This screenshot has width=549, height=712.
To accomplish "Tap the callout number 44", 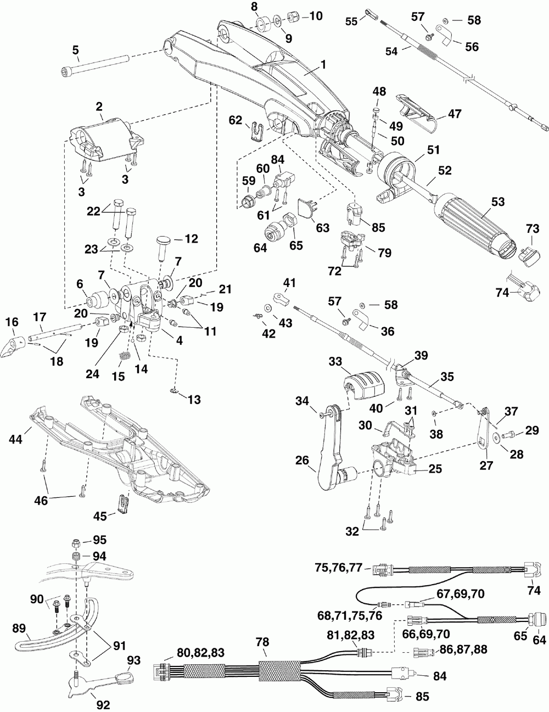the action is click(x=15, y=439).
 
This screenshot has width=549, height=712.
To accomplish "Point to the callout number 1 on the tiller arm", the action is click(x=323, y=65).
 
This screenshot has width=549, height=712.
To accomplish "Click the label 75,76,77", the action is click(x=338, y=567).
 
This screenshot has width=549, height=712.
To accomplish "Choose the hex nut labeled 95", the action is click(x=76, y=544).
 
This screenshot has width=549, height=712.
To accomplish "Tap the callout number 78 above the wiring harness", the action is click(x=263, y=642).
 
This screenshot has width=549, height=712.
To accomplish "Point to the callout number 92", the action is click(x=103, y=704).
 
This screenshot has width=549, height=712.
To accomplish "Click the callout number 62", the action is click(x=235, y=120).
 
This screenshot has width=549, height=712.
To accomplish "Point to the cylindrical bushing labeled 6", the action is click(x=97, y=299).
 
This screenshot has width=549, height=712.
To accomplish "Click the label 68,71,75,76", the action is click(x=350, y=616).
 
